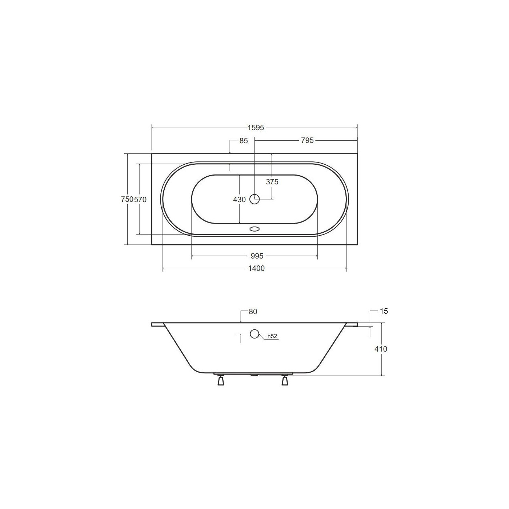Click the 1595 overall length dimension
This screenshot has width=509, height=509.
(x=256, y=128)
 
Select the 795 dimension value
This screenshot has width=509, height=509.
(x=307, y=140)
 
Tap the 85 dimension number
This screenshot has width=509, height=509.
(x=244, y=141)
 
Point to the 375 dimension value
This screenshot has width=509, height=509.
(x=272, y=182)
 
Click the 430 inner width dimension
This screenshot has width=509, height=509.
(x=239, y=200)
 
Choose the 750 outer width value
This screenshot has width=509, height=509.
(x=127, y=200)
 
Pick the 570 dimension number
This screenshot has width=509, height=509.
(x=140, y=200)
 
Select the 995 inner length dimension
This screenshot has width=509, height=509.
(x=257, y=256)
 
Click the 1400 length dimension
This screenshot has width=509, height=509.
(x=256, y=268)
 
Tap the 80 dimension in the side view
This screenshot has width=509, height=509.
(x=253, y=312)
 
